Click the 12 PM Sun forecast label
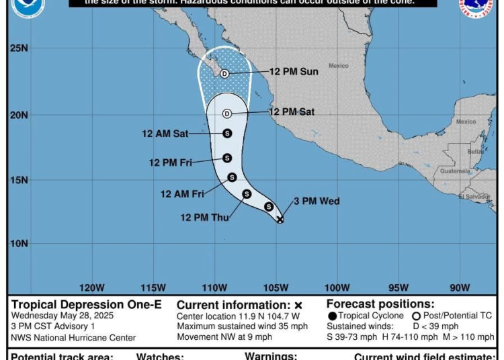click(x=294, y=72)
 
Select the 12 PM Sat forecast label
click(x=292, y=112)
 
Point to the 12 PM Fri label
click(x=171, y=163)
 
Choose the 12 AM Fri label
click(x=182, y=194)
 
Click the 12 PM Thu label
click(x=204, y=217)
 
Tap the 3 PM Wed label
click(x=317, y=201)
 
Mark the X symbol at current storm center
click(x=280, y=219)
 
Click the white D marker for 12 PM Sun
click(x=224, y=73)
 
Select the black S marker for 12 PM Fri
click(x=227, y=158)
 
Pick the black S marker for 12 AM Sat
click(x=227, y=134)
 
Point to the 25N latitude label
click(x=19, y=49)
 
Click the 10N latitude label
click(x=19, y=243)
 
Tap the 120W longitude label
click(x=91, y=287)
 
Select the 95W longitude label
click(x=398, y=287)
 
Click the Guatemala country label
click(x=456, y=171)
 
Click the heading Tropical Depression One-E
click(x=87, y=304)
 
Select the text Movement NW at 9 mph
click(x=224, y=337)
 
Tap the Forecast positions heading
click(x=380, y=304)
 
